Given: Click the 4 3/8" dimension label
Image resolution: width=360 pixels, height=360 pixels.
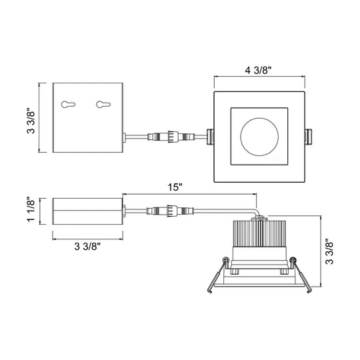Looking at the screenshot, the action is pyautogui.click(x=258, y=70).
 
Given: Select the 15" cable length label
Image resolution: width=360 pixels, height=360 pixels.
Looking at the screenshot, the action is pyautogui.click(x=175, y=187).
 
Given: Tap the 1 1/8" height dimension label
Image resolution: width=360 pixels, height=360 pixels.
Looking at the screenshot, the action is pyautogui.click(x=31, y=209).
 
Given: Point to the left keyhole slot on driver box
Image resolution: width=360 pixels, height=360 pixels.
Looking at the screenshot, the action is pyautogui.click(x=68, y=105).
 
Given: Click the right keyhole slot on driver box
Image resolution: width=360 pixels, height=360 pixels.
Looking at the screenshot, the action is pyautogui.click(x=103, y=105).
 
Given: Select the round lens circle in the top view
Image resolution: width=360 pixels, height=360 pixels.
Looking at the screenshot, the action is pyautogui.click(x=259, y=118).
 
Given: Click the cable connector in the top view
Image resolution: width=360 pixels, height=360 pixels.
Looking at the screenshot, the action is pyautogui.click(x=171, y=137).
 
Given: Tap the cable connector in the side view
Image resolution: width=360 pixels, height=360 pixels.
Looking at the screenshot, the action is pyautogui.click(x=171, y=211).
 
